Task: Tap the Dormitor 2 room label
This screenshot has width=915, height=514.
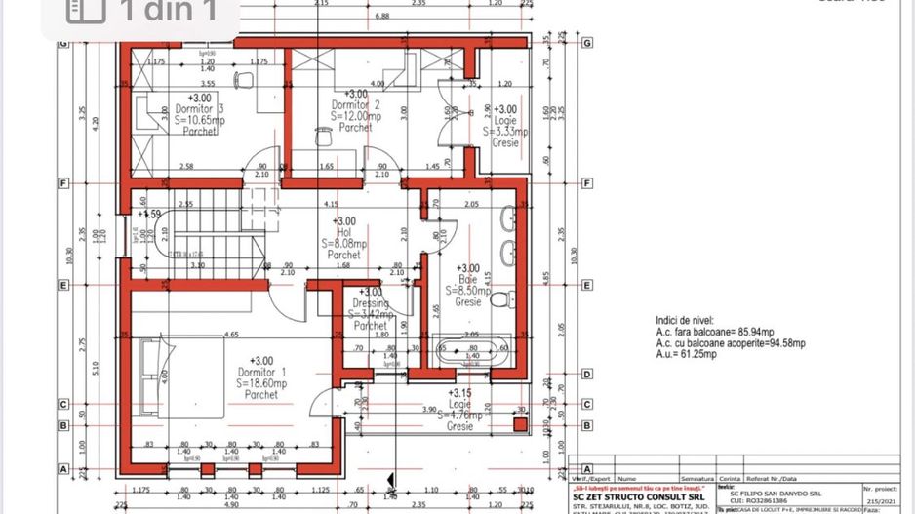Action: coord(354,104)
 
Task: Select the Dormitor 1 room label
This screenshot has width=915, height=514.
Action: coord(262,372)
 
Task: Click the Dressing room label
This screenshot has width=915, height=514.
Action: coord(371,302)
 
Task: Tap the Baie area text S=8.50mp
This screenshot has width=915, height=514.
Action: coord(468,291)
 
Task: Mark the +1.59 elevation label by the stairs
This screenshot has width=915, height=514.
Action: coord(149,214)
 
